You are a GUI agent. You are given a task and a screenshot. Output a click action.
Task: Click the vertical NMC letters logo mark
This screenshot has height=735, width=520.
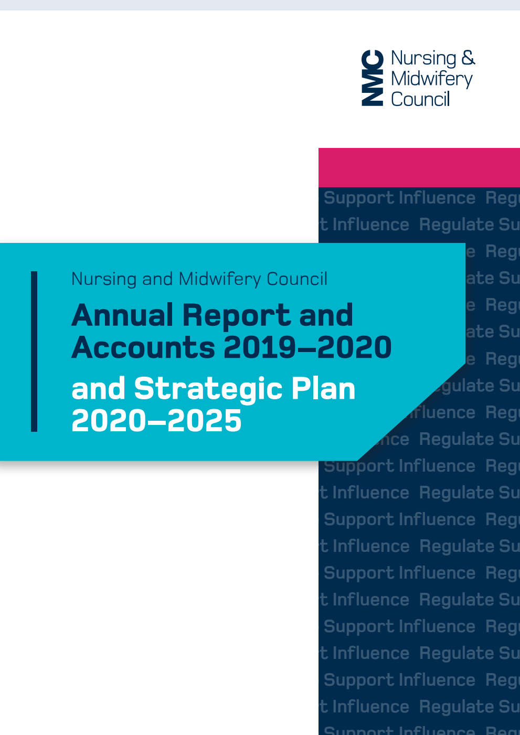pyautogui.click(x=372, y=78)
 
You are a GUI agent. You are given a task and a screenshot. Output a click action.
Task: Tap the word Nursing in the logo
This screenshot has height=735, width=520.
pyautogui.click(x=423, y=58)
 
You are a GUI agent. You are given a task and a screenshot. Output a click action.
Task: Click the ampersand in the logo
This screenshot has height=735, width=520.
pyautogui.click(x=468, y=58)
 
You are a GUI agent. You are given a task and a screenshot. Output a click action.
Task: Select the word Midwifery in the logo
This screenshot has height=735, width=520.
pyautogui.click(x=431, y=79)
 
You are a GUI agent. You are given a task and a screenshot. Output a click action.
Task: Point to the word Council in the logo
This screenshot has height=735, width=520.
pyautogui.click(x=420, y=99)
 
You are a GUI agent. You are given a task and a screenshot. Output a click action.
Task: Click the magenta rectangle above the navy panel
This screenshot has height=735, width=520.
pyautogui.click(x=419, y=167)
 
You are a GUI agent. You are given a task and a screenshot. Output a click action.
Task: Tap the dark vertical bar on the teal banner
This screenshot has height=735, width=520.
pyautogui.click(x=34, y=351)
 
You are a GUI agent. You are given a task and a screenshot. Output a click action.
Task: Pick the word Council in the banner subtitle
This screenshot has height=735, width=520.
pyautogui.click(x=297, y=279)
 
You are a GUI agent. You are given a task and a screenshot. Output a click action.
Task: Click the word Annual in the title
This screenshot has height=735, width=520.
pyautogui.click(x=123, y=315)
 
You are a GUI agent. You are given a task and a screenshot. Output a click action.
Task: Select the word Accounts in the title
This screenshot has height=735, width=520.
pyautogui.click(x=143, y=347)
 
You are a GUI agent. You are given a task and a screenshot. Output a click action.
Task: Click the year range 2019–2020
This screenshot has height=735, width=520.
pyautogui.click(x=307, y=347)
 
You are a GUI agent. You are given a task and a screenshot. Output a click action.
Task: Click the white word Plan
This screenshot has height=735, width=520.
pyautogui.click(x=323, y=389)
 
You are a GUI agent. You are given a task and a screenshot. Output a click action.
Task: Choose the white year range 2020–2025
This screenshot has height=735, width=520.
pyautogui.click(x=156, y=421)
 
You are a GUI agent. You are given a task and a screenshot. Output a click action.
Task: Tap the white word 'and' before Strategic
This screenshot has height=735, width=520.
pyautogui.click(x=98, y=389)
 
